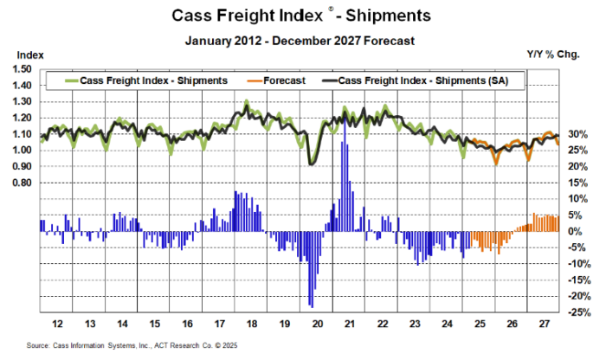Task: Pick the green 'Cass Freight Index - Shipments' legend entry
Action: [x=153, y=80]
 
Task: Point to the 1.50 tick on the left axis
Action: [x=23, y=70]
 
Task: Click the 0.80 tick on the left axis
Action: [x=23, y=183]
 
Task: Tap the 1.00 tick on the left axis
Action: [x=23, y=151]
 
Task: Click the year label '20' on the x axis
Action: [x=317, y=324]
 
